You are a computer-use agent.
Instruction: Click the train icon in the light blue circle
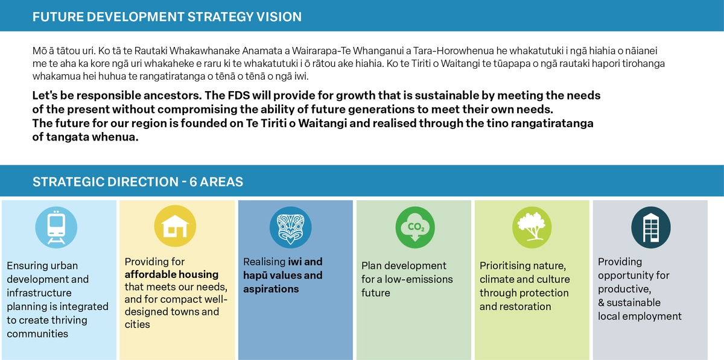[56, 227]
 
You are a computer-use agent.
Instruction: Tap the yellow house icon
[175, 226]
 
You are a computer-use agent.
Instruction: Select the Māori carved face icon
[291, 227]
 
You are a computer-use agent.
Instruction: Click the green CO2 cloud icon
[415, 227]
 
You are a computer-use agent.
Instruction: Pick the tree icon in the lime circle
[532, 227]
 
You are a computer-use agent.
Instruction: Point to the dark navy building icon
[650, 227]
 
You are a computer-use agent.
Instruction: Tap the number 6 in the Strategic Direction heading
[193, 182]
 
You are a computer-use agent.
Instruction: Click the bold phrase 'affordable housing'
[171, 274]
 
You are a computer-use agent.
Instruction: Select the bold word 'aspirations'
[271, 289]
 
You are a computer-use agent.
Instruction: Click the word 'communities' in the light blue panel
[37, 333]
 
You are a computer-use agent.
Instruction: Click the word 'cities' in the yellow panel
[138, 324]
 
